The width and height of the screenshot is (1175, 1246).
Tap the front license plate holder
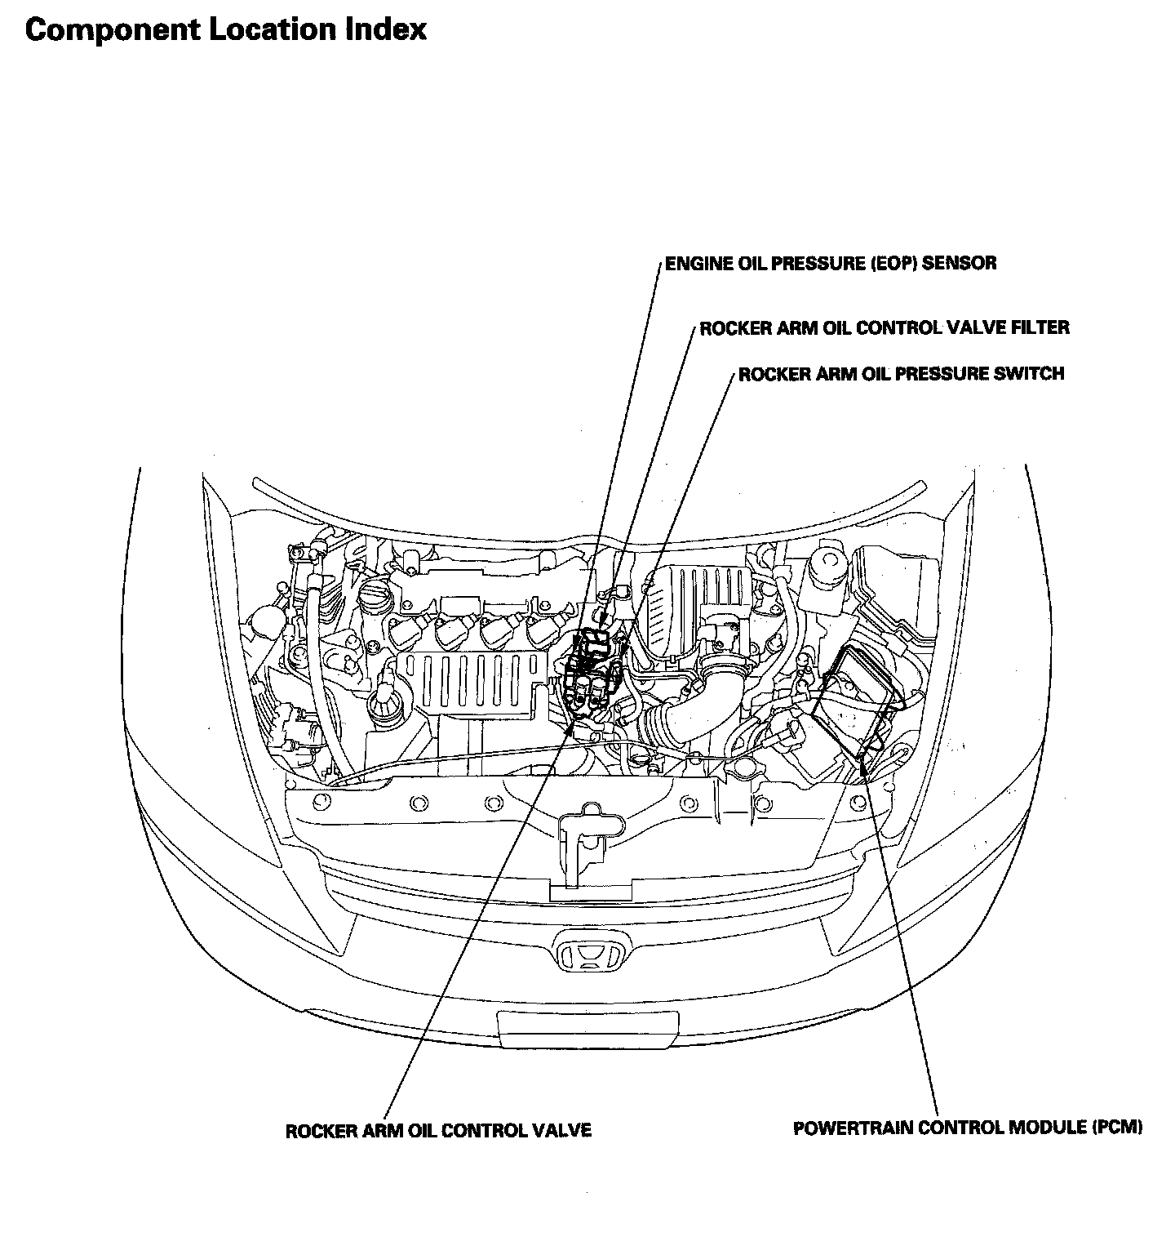pyautogui.click(x=587, y=1027)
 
